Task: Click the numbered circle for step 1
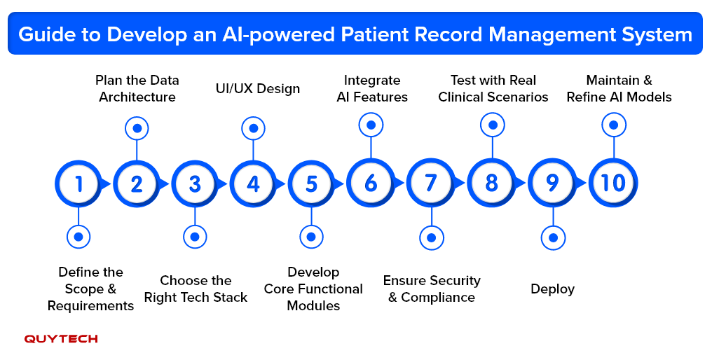click(x=78, y=184)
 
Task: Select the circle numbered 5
click(x=312, y=184)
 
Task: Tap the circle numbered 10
click(x=613, y=184)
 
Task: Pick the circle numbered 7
click(x=431, y=184)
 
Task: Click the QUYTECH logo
click(x=61, y=339)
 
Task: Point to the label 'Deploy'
click(x=552, y=289)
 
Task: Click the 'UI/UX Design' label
click(x=257, y=89)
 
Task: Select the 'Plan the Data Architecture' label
click(x=137, y=89)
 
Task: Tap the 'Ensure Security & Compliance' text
click(x=432, y=289)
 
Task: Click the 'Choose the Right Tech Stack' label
click(x=196, y=289)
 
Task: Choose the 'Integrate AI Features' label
click(x=372, y=89)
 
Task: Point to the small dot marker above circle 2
click(x=137, y=128)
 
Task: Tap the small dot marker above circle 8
click(x=493, y=125)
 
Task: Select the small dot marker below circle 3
click(x=195, y=237)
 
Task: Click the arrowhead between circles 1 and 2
click(x=107, y=184)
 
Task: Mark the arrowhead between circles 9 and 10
click(x=582, y=184)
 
